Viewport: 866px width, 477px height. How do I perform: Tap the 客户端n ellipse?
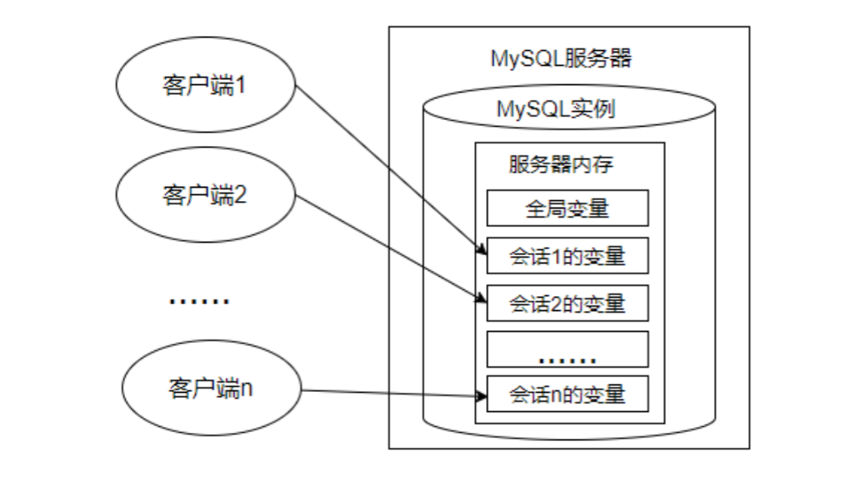[x=210, y=389]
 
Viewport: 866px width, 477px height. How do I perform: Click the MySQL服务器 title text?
[x=561, y=59]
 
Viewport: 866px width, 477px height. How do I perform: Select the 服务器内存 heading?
[x=561, y=164]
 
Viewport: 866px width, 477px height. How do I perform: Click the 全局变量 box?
[x=568, y=208]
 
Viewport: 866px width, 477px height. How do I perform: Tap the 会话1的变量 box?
[x=568, y=257]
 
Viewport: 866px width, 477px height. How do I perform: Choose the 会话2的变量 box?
[x=568, y=304]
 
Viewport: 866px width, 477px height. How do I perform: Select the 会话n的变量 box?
[x=568, y=394]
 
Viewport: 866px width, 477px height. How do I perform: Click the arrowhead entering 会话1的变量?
[x=482, y=250]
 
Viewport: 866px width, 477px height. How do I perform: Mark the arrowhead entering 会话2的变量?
[x=482, y=298]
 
